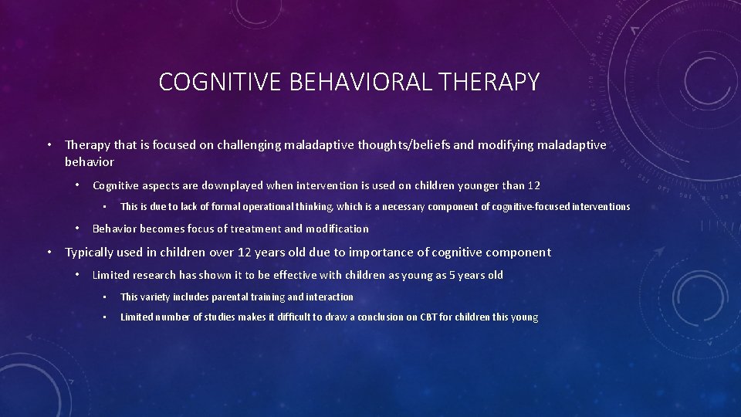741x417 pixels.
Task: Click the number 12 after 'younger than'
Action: tap(533, 185)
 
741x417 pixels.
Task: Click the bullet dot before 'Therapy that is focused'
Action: tap(49, 145)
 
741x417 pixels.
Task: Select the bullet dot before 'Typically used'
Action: tap(49, 253)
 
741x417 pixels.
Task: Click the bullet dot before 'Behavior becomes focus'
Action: tap(77, 229)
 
